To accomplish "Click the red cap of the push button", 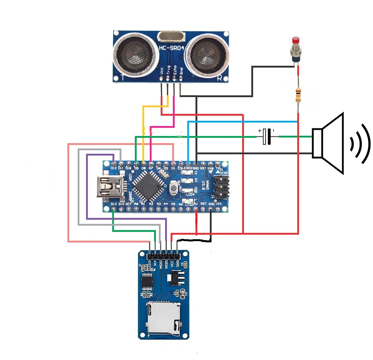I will pyautogui.click(x=296, y=40).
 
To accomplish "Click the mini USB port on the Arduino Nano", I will pyautogui.click(x=108, y=187).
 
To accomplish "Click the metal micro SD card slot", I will pyautogui.click(x=163, y=318).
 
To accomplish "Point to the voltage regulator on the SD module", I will pyautogui.click(x=173, y=279).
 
